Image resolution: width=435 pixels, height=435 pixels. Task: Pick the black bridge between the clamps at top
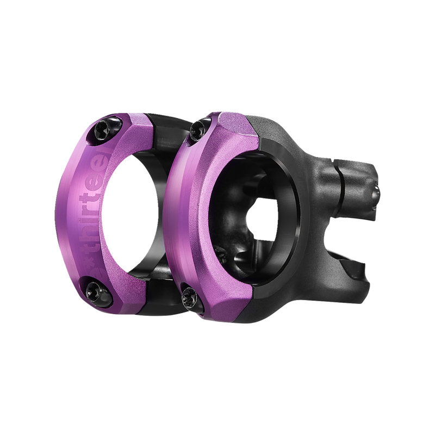click(163, 130)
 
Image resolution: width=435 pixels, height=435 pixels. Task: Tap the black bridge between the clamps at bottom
click(163, 296)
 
